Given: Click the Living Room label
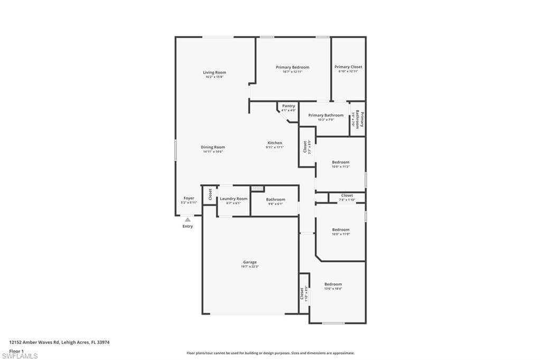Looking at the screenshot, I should coord(214,72).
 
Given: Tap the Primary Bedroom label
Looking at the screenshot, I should coord(292,67).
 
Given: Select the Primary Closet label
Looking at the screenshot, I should coord(348,67).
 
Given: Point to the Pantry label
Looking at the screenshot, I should coord(288,106).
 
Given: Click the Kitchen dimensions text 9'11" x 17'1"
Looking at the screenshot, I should coord(275,147).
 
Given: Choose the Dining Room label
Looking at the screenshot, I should coord(213,147).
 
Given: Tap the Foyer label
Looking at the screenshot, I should coord(189,198).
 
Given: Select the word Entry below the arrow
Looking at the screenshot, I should coord(188,226).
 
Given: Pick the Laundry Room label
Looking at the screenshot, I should coord(234,198).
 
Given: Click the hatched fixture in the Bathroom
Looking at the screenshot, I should coord(257,188).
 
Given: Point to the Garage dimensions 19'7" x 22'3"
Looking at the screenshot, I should coord(250,267).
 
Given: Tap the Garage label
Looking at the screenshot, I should coord(250,262).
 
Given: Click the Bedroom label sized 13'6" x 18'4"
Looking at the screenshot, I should coord(333,284).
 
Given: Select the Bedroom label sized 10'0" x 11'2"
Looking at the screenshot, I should coord(340,162).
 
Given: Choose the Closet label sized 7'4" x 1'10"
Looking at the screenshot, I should coord(347,195).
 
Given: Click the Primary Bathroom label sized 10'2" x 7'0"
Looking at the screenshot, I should coord(325,115).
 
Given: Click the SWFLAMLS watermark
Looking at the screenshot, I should coord(20,356).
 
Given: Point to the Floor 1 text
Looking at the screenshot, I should coord(17,350).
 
